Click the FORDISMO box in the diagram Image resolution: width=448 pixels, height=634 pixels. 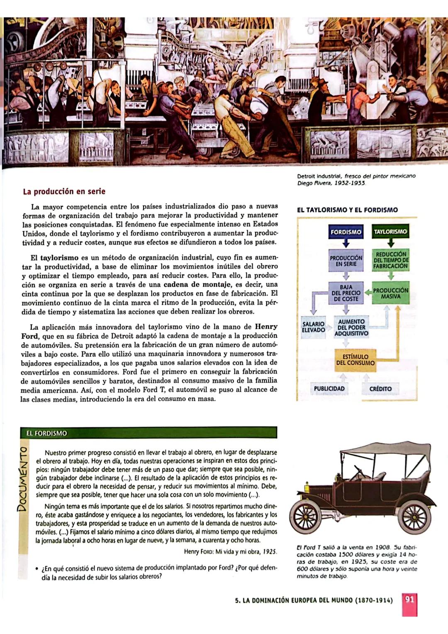(346, 232)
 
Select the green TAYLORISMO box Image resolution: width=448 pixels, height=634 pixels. (390, 232)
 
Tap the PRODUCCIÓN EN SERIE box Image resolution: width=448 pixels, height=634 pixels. (346, 261)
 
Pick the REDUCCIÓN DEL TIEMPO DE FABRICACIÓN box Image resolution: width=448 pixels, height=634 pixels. (391, 260)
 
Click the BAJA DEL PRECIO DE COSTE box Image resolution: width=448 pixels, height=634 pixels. (346, 293)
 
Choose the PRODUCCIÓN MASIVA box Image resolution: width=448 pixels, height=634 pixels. (391, 293)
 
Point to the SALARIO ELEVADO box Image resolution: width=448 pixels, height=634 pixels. (314, 327)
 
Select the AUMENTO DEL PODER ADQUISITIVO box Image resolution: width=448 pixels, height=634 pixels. (351, 327)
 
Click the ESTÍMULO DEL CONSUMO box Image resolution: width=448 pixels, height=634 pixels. (355, 360)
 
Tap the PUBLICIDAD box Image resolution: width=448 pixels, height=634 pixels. (329, 389)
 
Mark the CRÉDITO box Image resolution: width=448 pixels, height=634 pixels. (380, 389)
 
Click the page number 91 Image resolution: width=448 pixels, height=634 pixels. (409, 600)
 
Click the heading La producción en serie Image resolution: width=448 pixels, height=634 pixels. (64, 192)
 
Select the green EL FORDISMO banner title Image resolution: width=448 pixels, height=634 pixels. (46, 433)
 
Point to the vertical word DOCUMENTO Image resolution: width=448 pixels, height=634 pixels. (23, 479)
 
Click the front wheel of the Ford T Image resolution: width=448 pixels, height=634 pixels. (306, 517)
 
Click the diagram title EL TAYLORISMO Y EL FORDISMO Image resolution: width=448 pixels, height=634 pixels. (347, 210)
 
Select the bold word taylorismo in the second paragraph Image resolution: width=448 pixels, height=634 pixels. (59, 258)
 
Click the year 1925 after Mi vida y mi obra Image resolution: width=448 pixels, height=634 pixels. (270, 552)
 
